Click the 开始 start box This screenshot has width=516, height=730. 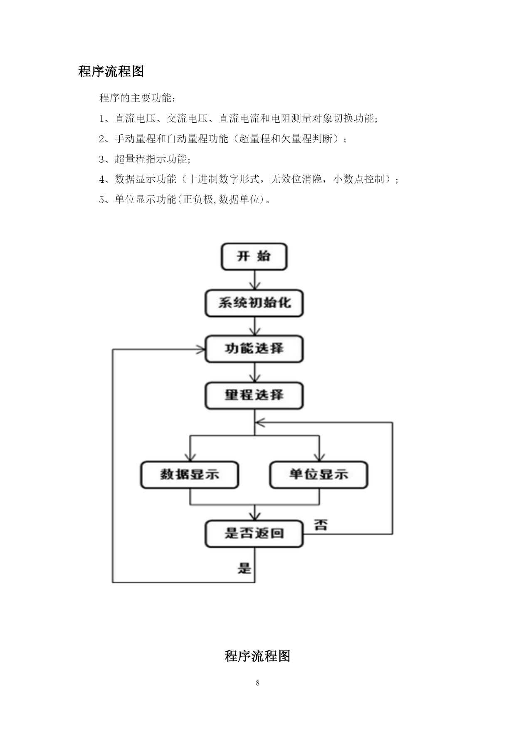click(x=254, y=257)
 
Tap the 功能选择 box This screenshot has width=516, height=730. click(x=254, y=349)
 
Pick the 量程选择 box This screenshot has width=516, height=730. click(x=254, y=395)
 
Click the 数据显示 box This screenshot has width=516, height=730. click(x=190, y=475)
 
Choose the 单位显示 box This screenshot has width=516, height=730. click(x=319, y=475)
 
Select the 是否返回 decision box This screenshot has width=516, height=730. click(x=254, y=534)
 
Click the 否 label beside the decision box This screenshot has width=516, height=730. click(x=321, y=524)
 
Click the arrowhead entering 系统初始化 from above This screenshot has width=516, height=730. click(x=254, y=286)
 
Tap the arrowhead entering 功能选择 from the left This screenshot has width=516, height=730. click(x=200, y=350)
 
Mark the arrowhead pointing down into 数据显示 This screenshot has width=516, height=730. click(x=190, y=457)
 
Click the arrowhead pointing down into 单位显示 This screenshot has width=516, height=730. click(x=319, y=457)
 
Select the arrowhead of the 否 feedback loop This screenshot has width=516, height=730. click(x=260, y=423)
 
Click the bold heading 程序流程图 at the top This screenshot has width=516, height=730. click(x=111, y=71)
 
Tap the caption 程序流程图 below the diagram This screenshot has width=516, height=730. click(x=257, y=656)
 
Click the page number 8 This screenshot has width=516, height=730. click(x=258, y=683)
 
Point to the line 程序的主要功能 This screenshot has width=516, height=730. click(x=137, y=98)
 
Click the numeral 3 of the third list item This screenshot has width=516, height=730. click(x=102, y=159)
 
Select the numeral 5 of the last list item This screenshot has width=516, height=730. click(x=102, y=200)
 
